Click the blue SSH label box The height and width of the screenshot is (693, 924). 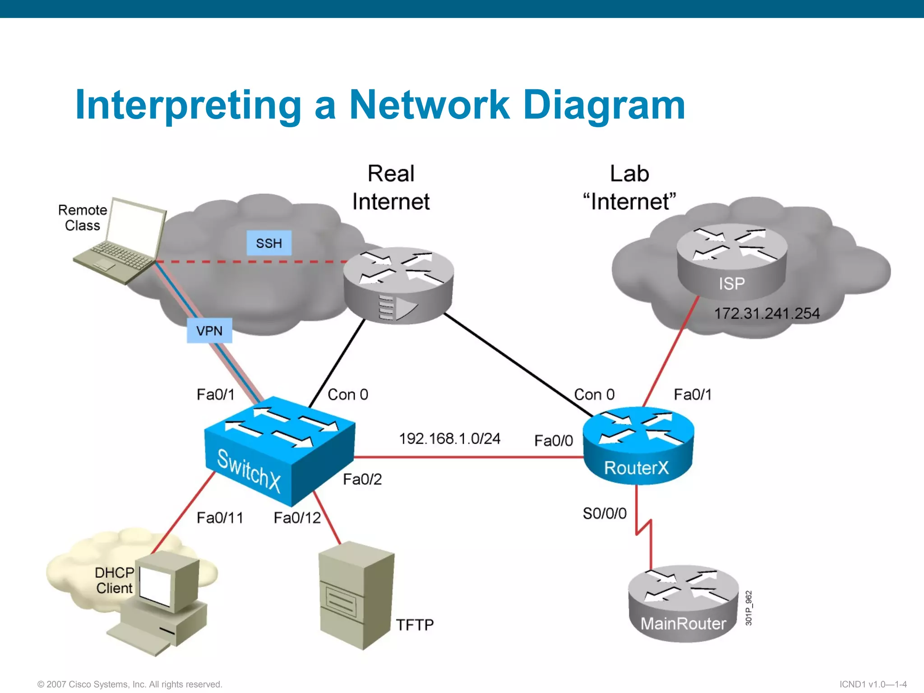point(269,243)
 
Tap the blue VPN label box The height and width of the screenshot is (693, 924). point(209,331)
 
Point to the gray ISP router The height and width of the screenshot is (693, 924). point(732,262)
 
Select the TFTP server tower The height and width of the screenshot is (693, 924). point(356,596)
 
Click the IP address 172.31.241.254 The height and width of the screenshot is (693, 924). point(767,314)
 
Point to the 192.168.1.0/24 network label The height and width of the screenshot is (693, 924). point(449,439)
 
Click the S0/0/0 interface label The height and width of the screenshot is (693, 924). point(605,513)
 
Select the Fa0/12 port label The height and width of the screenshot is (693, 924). point(297,518)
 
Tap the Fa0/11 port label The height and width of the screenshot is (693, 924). point(220,518)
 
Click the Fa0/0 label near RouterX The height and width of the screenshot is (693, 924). point(554,441)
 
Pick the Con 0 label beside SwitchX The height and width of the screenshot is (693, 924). point(347,395)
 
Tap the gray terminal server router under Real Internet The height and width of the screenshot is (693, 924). point(398,285)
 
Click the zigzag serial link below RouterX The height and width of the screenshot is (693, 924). point(643,528)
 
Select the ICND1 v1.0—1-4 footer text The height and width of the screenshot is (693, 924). point(873,684)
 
